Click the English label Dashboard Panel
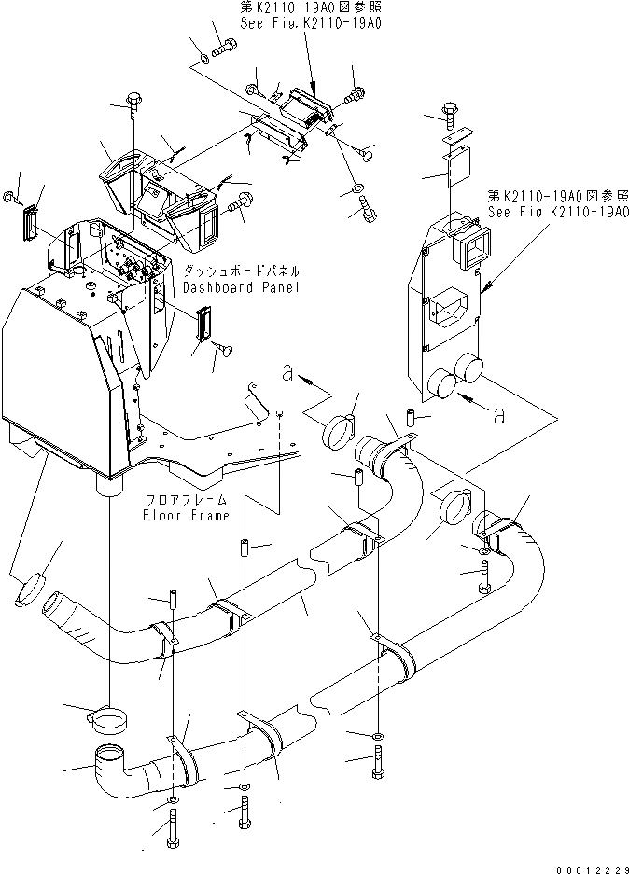[x=241, y=287]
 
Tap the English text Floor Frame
[x=186, y=515]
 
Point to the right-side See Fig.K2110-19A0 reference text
[x=556, y=212]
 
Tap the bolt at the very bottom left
[x=174, y=830]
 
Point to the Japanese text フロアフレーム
[x=186, y=501]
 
